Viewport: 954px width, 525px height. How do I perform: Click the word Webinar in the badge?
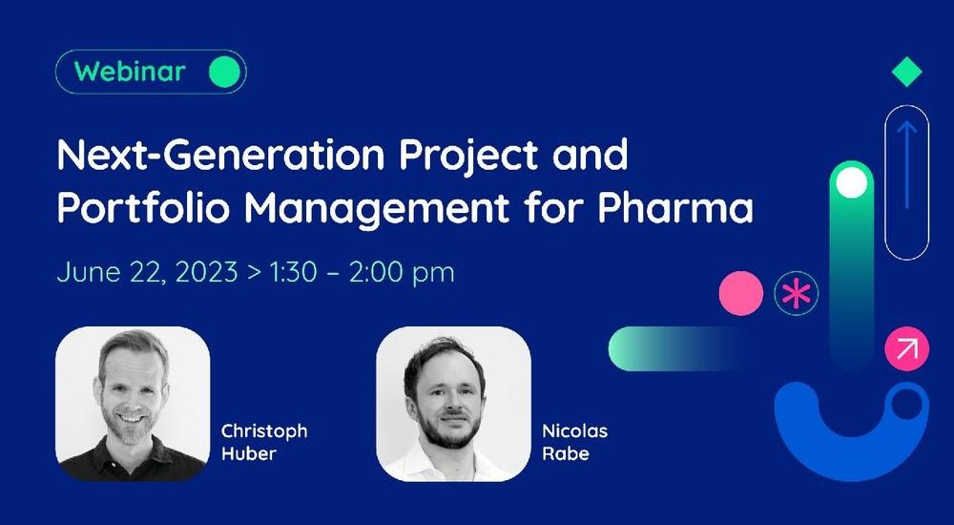coord(130,72)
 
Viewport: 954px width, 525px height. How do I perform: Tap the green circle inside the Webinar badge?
coord(224,72)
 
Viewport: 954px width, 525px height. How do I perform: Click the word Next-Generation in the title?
coord(221,156)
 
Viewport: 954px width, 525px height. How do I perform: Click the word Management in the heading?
coord(377,210)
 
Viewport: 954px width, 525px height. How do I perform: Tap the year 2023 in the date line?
coord(206,272)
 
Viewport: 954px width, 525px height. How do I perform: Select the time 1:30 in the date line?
coord(293,272)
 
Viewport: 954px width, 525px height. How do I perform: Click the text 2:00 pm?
coord(402,273)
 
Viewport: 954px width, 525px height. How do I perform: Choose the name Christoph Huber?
coord(264,443)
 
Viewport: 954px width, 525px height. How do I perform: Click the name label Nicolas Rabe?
coord(575,443)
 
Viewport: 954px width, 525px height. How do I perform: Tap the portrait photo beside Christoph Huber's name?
coord(133,404)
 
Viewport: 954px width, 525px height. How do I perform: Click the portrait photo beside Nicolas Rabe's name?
coord(453,404)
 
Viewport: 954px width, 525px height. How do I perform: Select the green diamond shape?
coord(906,72)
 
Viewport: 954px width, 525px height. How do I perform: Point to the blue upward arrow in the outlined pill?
coord(906,164)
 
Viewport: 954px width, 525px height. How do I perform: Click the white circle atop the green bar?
coord(852,182)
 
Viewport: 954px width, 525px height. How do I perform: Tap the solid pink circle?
coord(741,294)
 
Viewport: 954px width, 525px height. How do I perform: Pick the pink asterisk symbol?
coord(797,294)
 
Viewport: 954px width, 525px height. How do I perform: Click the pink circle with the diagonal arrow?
coord(906,349)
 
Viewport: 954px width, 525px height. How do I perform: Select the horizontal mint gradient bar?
coord(678,348)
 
